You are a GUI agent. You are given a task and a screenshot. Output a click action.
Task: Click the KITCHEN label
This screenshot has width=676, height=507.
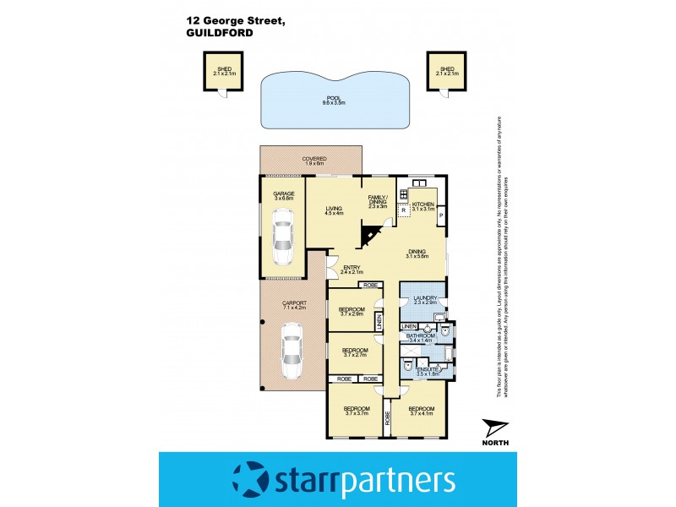point(424,206)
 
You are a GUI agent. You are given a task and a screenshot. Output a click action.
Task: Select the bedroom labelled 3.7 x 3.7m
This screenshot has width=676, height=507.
point(356,412)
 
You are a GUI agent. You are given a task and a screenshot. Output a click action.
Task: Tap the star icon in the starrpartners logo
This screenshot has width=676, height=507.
point(252,479)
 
